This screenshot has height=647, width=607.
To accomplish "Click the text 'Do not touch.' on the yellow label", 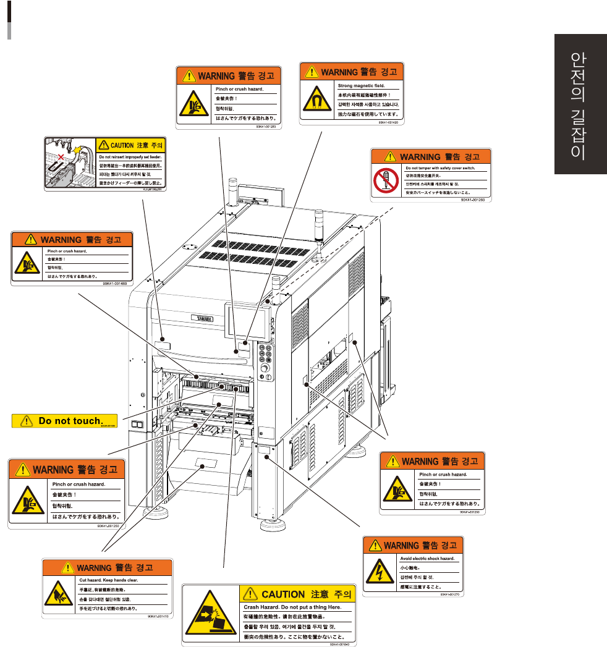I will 69,421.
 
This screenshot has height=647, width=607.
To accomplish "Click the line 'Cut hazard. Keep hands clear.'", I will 109,580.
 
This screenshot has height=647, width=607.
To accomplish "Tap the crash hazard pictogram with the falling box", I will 210,614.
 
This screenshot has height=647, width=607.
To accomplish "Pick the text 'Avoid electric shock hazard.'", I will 427,559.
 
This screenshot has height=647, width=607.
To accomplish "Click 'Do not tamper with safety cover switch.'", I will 439,167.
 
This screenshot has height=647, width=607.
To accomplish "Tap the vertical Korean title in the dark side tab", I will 579,106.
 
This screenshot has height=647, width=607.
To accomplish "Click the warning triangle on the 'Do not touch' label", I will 26,421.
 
